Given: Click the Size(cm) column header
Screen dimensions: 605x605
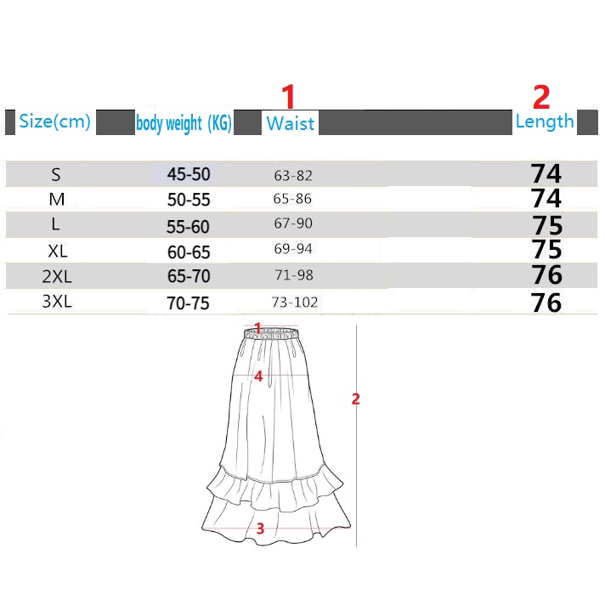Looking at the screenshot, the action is pos(54,122).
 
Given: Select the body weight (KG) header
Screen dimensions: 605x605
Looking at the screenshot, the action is pos(184,123).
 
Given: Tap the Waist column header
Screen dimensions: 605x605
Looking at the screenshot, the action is pos(290,123).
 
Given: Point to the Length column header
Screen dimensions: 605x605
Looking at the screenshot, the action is pos(545,122).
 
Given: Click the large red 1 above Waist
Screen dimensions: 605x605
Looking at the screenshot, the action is pos(288,97).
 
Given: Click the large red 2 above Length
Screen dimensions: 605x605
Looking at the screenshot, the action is pos(541,97).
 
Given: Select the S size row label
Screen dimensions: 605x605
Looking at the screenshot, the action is pos(56,175).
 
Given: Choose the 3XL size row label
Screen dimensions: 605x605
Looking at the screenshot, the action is pos(57,302).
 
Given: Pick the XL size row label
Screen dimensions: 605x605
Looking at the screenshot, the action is pos(58,252).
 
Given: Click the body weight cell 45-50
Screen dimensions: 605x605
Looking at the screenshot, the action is pos(189,174).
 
